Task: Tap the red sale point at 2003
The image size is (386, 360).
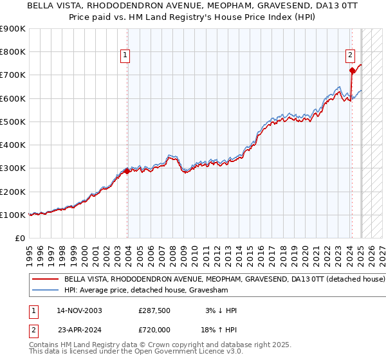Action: pyautogui.click(x=127, y=171)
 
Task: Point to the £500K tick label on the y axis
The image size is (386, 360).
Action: pyautogui.click(x=13, y=122)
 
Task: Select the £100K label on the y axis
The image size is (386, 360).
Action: pyautogui.click(x=13, y=215)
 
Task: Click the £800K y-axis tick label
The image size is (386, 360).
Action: pyautogui.click(x=13, y=51)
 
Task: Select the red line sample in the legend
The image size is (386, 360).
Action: pyautogui.click(x=45, y=280)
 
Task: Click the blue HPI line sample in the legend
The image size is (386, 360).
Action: pyautogui.click(x=45, y=290)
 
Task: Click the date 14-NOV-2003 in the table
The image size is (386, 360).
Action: pyautogui.click(x=79, y=310)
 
